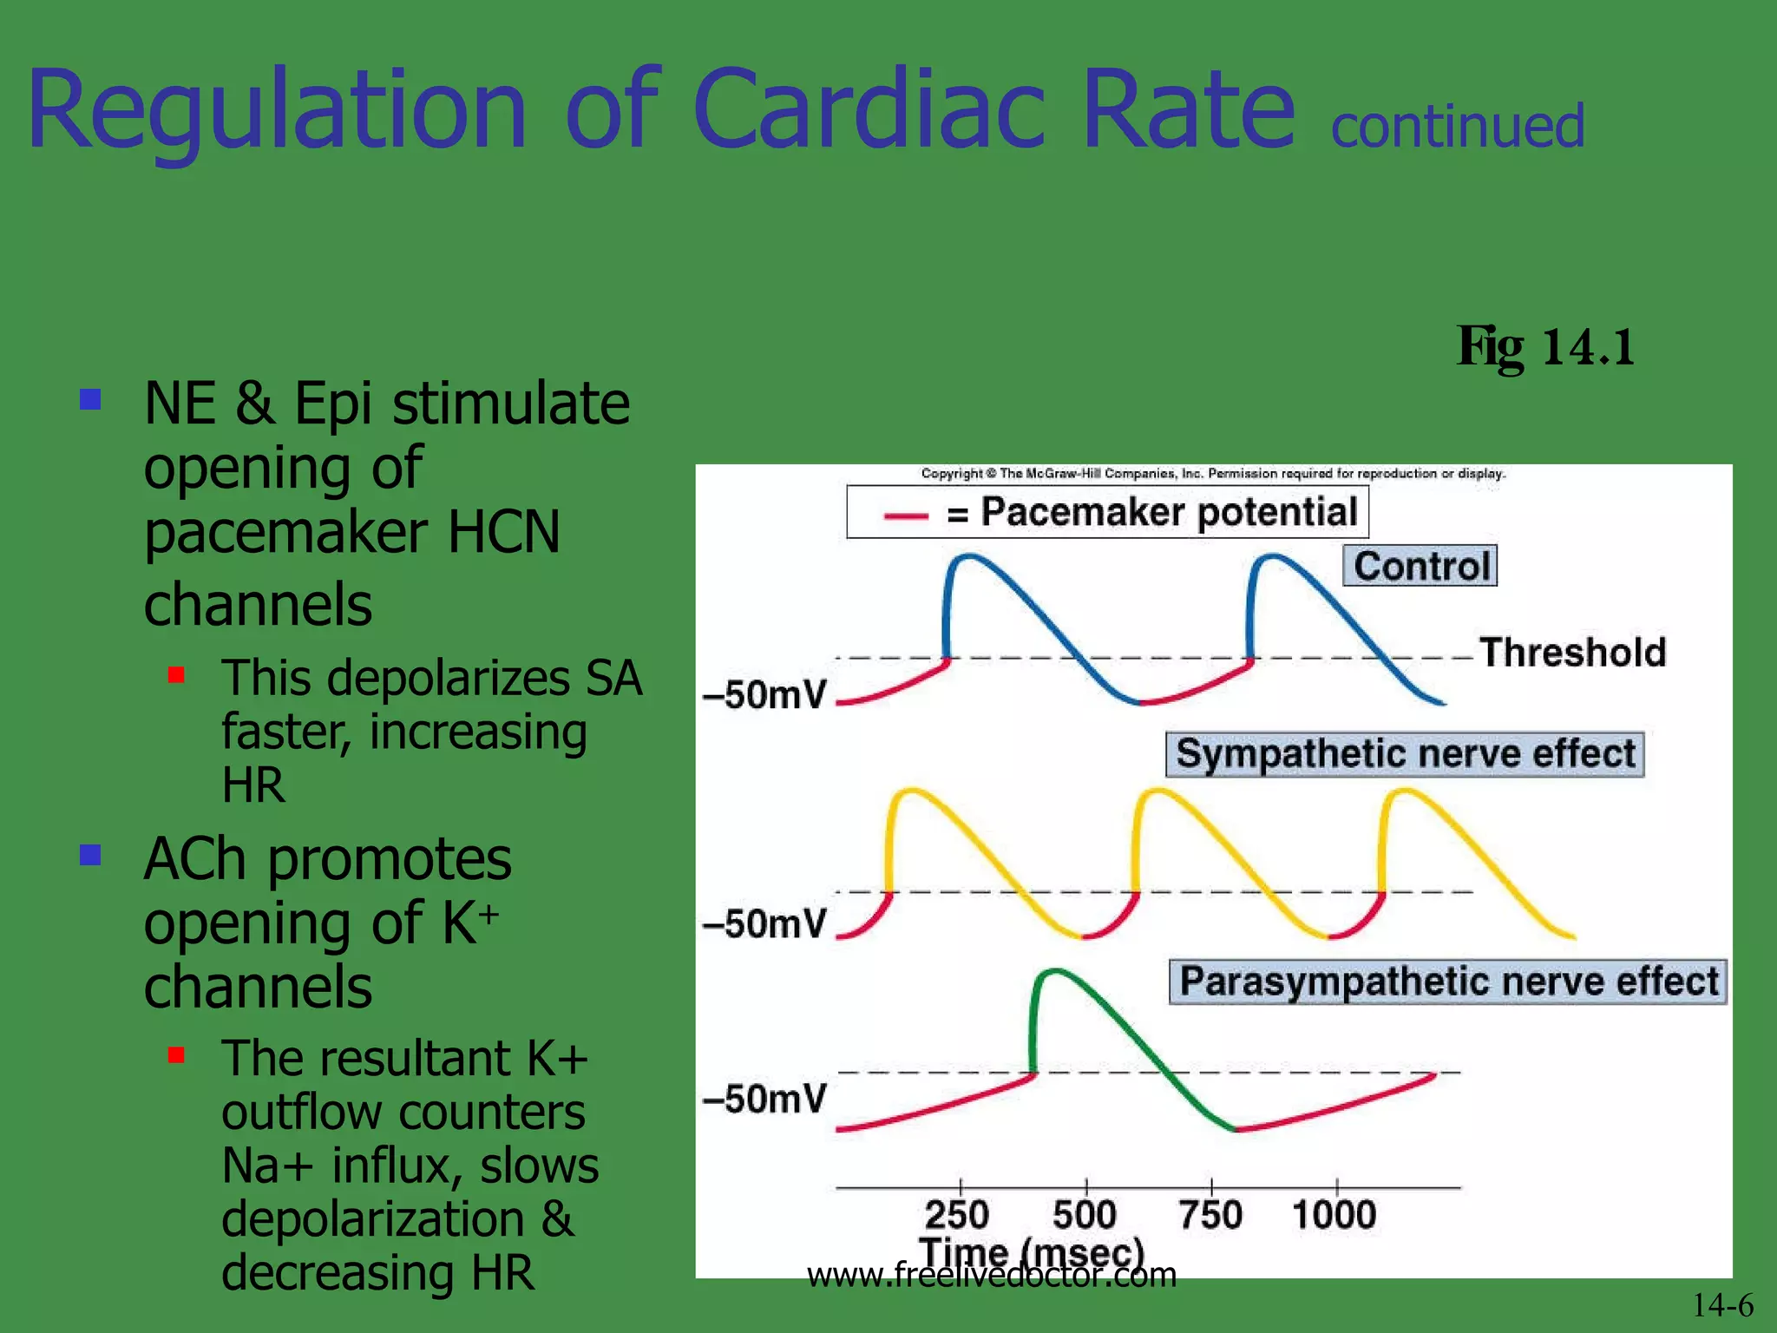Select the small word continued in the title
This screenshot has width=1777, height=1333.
point(1458,127)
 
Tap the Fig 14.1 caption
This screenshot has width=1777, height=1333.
point(1546,347)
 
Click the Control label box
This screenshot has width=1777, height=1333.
point(1420,566)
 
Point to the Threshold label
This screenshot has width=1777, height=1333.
point(1572,653)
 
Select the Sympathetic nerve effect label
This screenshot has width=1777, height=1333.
point(1405,753)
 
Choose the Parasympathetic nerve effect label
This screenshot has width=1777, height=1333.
point(1447,982)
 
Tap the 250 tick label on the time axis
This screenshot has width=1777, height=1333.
point(956,1214)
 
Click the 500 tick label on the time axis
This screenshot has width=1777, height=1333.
point(1084,1214)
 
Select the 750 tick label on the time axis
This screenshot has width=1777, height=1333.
point(1210,1214)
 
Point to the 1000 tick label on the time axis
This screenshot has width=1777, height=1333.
point(1334,1214)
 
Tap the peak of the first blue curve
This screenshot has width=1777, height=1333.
point(967,556)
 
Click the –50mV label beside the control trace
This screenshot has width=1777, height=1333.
point(764,695)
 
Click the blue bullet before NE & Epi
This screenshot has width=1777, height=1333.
point(90,399)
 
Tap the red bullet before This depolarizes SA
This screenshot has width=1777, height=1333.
point(176,675)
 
